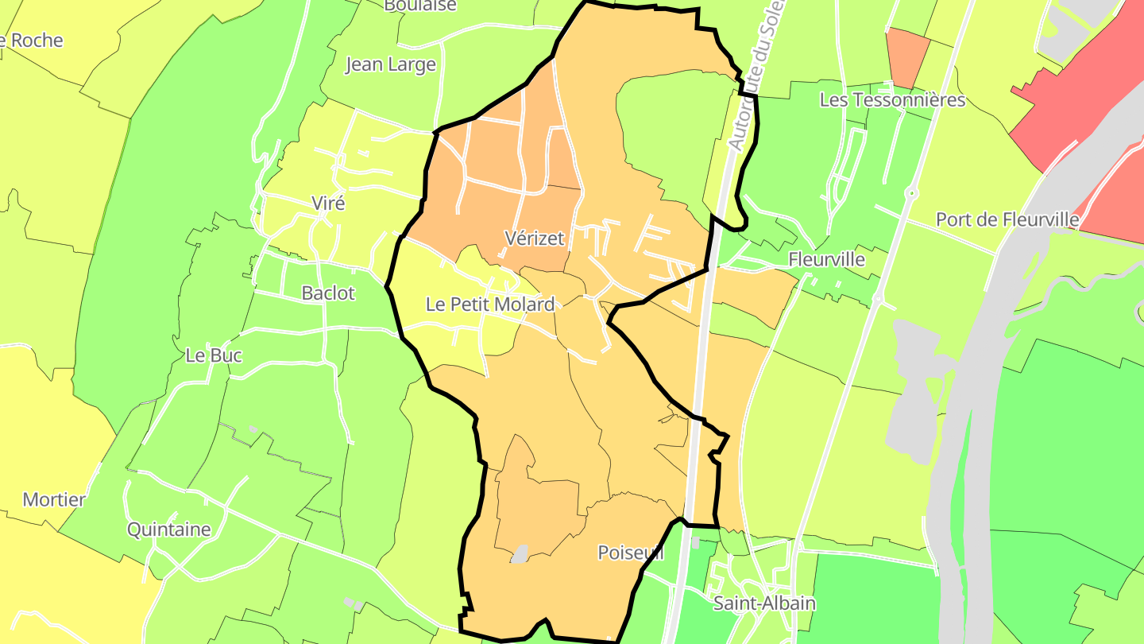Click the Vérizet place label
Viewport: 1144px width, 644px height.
[x=535, y=238]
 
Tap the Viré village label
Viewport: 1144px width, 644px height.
[x=328, y=203]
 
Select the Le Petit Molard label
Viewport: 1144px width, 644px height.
[x=489, y=304]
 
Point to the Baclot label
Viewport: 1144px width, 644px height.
[x=328, y=293]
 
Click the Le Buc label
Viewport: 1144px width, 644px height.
[x=214, y=355]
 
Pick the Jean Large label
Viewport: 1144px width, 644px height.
[x=390, y=64]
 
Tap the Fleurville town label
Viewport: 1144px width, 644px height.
[x=826, y=259]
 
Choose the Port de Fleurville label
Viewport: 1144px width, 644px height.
[x=1007, y=219]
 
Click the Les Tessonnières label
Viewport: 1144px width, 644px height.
[x=892, y=99]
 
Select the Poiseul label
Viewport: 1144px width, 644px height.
[x=630, y=553]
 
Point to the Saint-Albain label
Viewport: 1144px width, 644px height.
[x=764, y=603]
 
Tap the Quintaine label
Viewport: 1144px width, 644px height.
[x=169, y=530]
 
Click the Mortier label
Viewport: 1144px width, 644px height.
[x=54, y=499]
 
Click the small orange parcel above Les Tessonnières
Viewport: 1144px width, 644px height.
[x=906, y=56]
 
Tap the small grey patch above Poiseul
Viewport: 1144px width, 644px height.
[x=520, y=554]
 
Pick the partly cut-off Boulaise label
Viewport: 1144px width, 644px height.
[x=420, y=6]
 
